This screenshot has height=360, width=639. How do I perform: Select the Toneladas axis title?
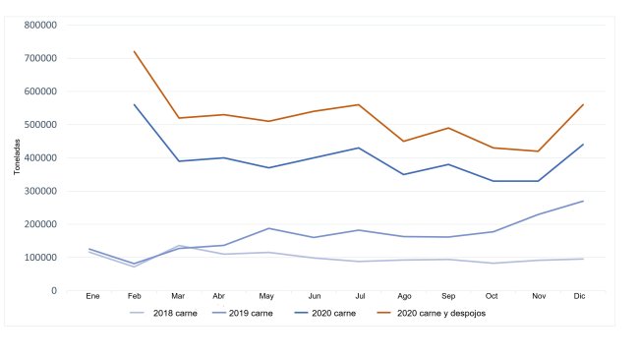17,157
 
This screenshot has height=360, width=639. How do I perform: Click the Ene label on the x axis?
92,295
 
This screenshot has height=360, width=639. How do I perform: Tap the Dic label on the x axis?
581,295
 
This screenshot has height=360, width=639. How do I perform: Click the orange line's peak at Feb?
134,51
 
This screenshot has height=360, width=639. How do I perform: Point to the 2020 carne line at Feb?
134,104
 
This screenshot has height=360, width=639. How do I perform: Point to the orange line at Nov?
538,151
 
